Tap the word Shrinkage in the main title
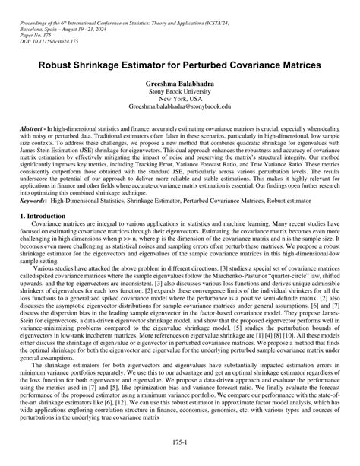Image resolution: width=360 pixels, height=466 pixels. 101,66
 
